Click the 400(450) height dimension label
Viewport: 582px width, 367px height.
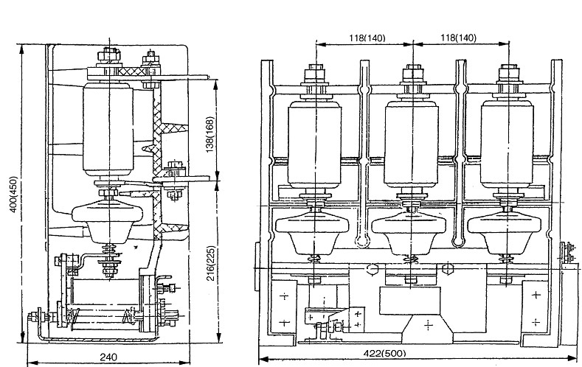[x=13, y=194]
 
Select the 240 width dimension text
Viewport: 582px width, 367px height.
[x=108, y=357]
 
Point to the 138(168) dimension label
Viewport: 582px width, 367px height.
[x=210, y=134]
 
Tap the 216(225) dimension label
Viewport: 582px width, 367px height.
[x=210, y=263]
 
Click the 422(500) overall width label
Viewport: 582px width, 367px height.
[x=385, y=353]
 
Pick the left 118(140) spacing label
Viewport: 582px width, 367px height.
[x=367, y=38]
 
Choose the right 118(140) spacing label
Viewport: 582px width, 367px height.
[x=458, y=38]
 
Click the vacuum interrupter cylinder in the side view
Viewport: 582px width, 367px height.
[x=108, y=129]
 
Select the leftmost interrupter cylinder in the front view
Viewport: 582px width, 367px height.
[x=315, y=144]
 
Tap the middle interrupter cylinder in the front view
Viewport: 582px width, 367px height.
[x=412, y=144]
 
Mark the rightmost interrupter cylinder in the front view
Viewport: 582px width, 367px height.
[x=507, y=144]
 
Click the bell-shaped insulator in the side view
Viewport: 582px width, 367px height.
[x=108, y=221]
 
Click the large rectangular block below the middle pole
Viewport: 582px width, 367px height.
[x=410, y=300]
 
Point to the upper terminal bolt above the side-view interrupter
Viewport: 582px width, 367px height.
[x=109, y=55]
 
